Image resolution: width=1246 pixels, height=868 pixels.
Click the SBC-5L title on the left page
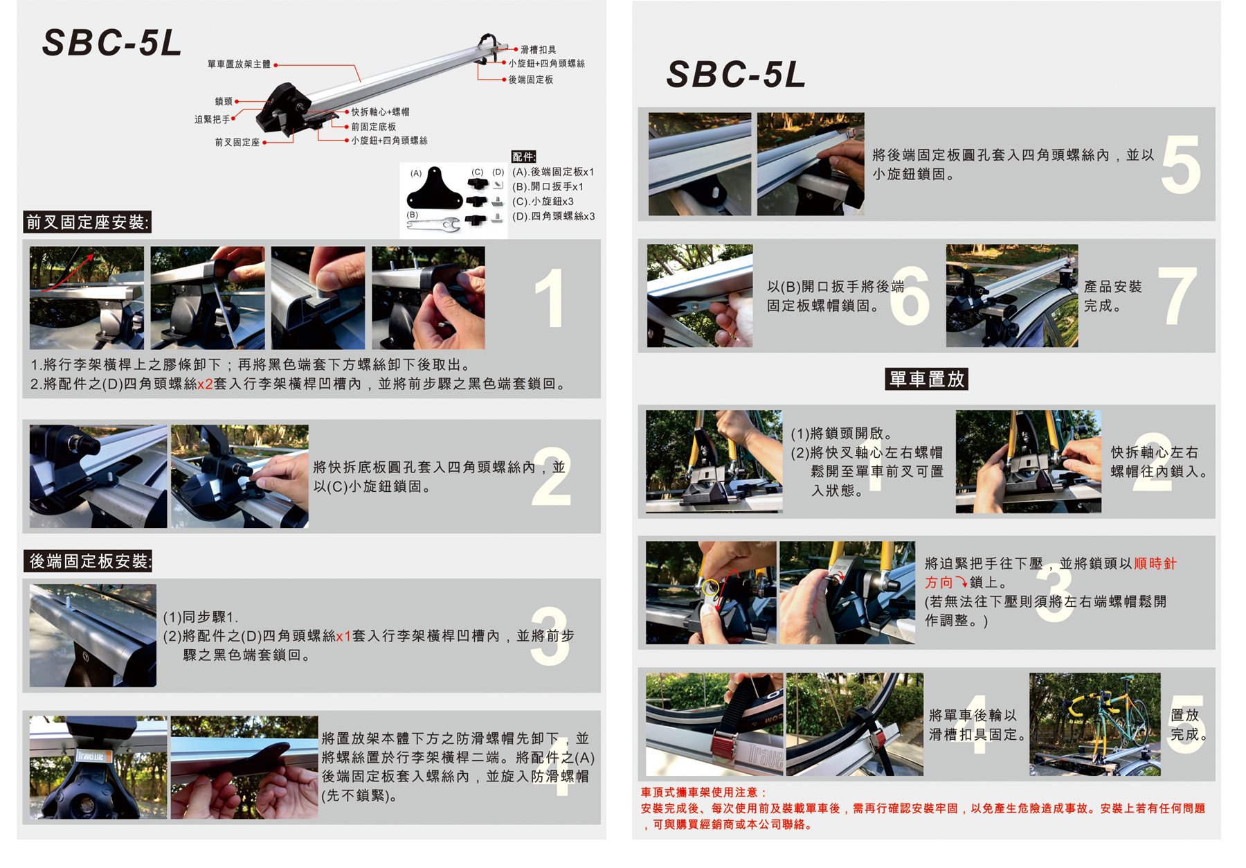pos(112,43)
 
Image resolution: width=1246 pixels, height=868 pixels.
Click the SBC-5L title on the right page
pos(736,74)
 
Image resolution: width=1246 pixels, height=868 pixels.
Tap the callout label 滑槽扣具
pos(538,50)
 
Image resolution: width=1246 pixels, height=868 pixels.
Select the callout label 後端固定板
pos(531,80)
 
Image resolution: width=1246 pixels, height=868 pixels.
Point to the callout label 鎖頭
pos(224,101)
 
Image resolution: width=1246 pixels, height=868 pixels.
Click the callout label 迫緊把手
pos(213,119)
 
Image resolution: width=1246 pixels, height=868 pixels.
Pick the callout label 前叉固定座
pos(237,142)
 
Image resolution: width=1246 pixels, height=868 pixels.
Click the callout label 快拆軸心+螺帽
pos(380,112)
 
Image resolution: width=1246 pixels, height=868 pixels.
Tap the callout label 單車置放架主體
pos(239,64)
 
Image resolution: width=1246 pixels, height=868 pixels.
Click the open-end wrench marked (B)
pos(434,224)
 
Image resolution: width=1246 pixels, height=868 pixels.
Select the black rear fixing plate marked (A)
pos(434,188)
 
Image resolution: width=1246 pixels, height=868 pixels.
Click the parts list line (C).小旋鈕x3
pos(543,201)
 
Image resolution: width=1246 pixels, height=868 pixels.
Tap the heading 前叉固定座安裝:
pos(87,222)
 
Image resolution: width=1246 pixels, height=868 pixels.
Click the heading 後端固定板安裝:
pos(88,561)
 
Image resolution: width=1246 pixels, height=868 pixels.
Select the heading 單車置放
pos(926,379)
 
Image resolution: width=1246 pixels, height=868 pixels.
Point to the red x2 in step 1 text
pos(205,384)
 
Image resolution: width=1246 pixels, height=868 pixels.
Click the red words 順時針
pos(1155,563)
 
